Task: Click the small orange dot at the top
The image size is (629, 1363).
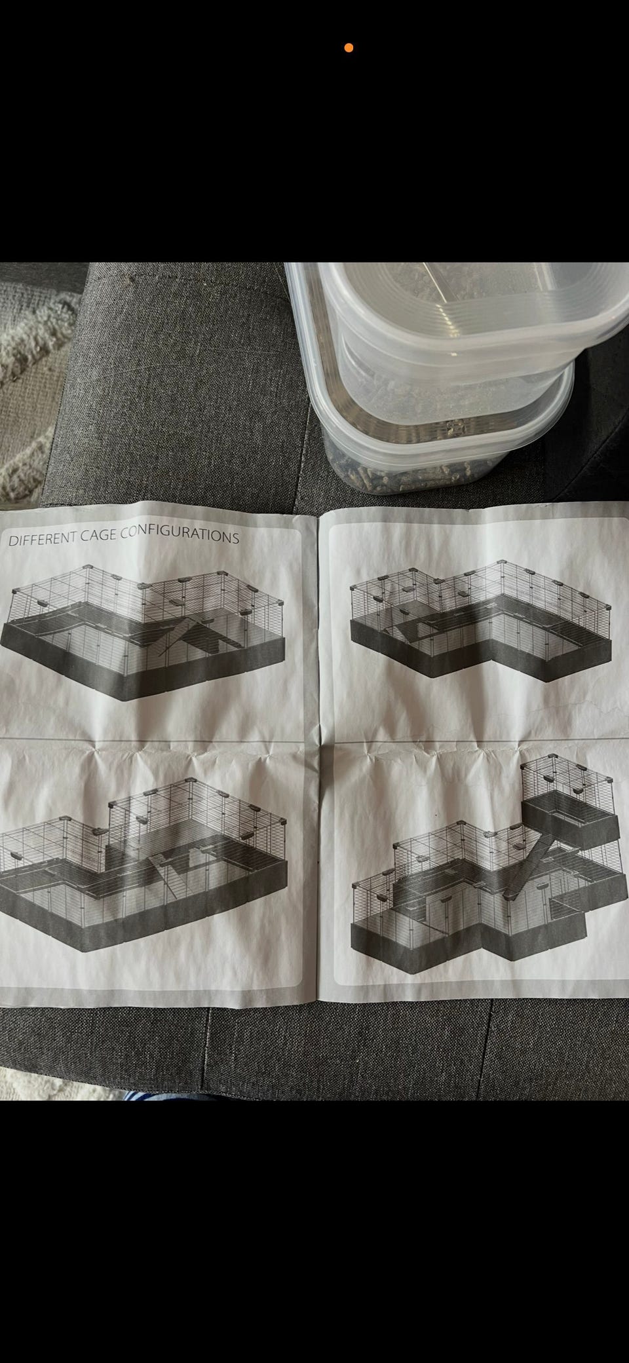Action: (x=349, y=48)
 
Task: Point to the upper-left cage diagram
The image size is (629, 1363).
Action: (x=143, y=632)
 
